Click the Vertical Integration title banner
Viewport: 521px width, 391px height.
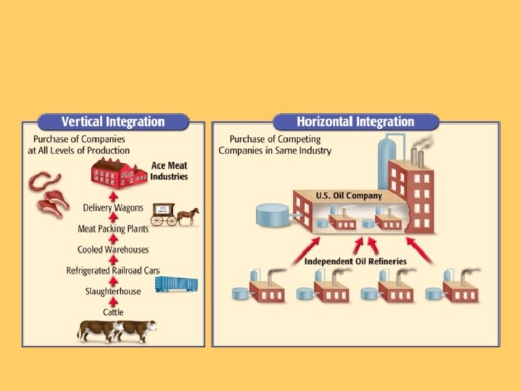tap(113, 122)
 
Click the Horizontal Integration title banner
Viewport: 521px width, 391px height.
tap(355, 122)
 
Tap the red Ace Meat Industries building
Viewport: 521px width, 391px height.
tap(117, 176)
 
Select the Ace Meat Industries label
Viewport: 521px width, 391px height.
tap(169, 172)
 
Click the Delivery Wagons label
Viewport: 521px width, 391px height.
tap(113, 209)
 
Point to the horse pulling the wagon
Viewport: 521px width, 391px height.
tap(187, 215)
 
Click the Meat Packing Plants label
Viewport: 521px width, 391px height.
tap(113, 229)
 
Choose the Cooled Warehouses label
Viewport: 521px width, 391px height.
tap(113, 250)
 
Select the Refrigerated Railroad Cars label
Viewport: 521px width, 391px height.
tap(113, 271)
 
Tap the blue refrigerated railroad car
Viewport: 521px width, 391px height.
tap(176, 284)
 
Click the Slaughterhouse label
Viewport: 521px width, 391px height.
tap(113, 291)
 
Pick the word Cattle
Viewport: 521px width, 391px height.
tap(113, 312)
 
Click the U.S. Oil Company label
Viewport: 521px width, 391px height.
tap(349, 196)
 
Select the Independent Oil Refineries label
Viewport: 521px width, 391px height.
tap(355, 261)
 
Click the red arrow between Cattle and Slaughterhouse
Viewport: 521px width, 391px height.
tap(113, 302)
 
